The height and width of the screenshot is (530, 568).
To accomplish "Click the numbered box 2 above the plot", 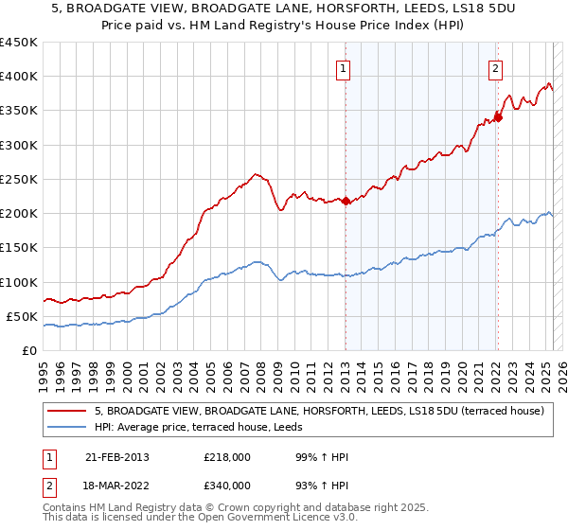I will pyautogui.click(x=495, y=67).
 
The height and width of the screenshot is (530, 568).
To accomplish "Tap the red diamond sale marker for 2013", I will pyautogui.click(x=346, y=201).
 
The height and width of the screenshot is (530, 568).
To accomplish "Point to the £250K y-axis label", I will pyautogui.click(x=19, y=179).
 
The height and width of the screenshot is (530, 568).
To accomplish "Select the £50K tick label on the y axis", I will pyautogui.click(x=23, y=316).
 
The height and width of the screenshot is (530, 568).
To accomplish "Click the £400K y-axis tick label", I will pyautogui.click(x=19, y=77).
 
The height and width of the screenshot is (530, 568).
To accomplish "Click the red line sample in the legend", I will pyautogui.click(x=67, y=411).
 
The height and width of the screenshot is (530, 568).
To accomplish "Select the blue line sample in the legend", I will pyautogui.click(x=67, y=427).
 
